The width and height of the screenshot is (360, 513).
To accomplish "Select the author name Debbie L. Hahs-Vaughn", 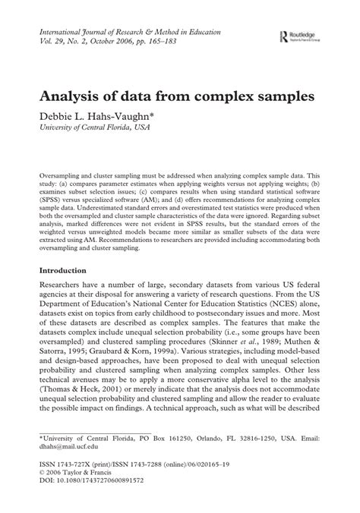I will click(x=106, y=118).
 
